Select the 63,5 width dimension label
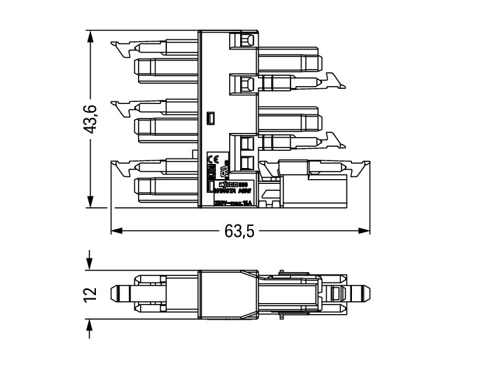click(239, 231)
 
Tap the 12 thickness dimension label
click(90, 294)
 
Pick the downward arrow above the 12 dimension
click(90, 264)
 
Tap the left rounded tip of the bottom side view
click(118, 294)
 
